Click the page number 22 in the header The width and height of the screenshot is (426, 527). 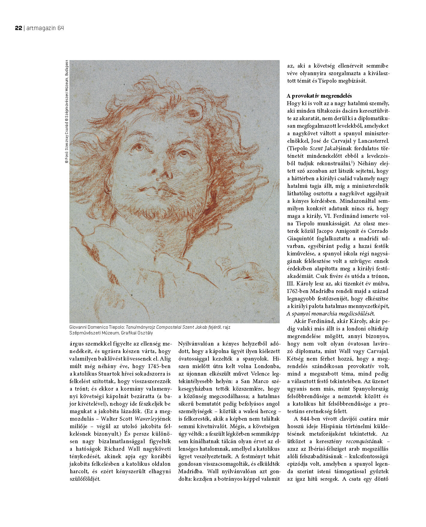coord(18,28)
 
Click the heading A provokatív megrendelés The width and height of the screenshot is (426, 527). coord(319,96)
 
